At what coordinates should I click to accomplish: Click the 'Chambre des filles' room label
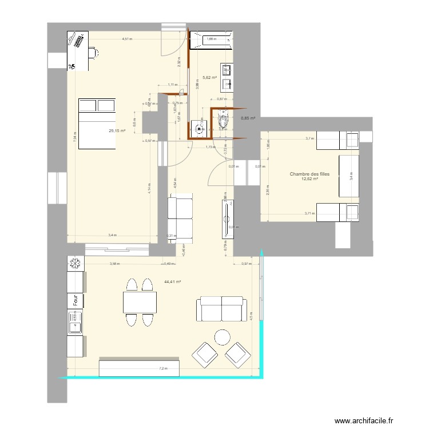309,174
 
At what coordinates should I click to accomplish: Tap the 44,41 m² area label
172,281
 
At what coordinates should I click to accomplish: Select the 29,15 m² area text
117,131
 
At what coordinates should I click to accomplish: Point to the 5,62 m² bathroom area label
210,77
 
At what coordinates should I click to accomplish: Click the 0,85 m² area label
248,118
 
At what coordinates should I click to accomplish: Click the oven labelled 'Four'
75,300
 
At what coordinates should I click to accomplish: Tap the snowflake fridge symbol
75,264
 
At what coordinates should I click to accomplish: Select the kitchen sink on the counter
75,327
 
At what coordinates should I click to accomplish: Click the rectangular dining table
140,302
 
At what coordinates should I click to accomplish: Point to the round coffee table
221,337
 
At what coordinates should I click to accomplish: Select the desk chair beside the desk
93,53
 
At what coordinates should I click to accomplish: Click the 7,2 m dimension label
164,368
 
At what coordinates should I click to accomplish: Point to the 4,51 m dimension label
127,39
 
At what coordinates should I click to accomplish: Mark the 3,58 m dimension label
115,264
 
